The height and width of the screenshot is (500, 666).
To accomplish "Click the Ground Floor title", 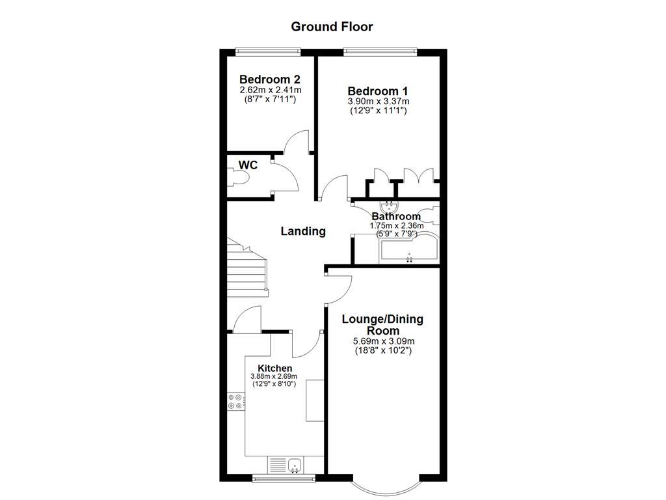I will [x=332, y=27].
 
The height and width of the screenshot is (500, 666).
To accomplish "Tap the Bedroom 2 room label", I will [x=269, y=79].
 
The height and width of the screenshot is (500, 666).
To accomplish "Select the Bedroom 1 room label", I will [x=378, y=91].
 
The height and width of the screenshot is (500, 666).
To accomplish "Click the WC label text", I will [x=248, y=165].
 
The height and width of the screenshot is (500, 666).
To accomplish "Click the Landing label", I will [x=303, y=231].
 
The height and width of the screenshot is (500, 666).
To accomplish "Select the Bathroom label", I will [x=396, y=217].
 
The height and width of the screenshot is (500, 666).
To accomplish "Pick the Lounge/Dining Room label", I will [x=382, y=324].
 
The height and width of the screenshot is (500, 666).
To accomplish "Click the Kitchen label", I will [x=274, y=368].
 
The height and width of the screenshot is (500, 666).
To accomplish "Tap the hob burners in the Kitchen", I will [x=235, y=402].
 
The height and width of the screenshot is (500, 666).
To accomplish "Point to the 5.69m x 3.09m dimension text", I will [x=384, y=341].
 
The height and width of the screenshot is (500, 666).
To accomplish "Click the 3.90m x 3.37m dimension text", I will [x=378, y=102].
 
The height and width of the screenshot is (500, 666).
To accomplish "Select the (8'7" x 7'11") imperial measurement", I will [x=269, y=99].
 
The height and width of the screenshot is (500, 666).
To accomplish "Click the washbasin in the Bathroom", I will [x=392, y=207].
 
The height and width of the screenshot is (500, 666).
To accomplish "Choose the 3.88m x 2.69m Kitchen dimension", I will [x=274, y=376].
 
